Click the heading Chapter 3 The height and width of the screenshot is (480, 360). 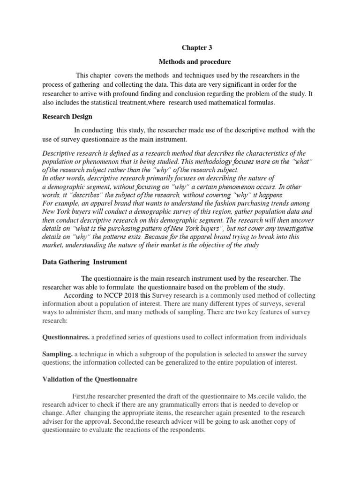pos(194,47)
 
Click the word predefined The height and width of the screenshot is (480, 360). pos(113,337)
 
